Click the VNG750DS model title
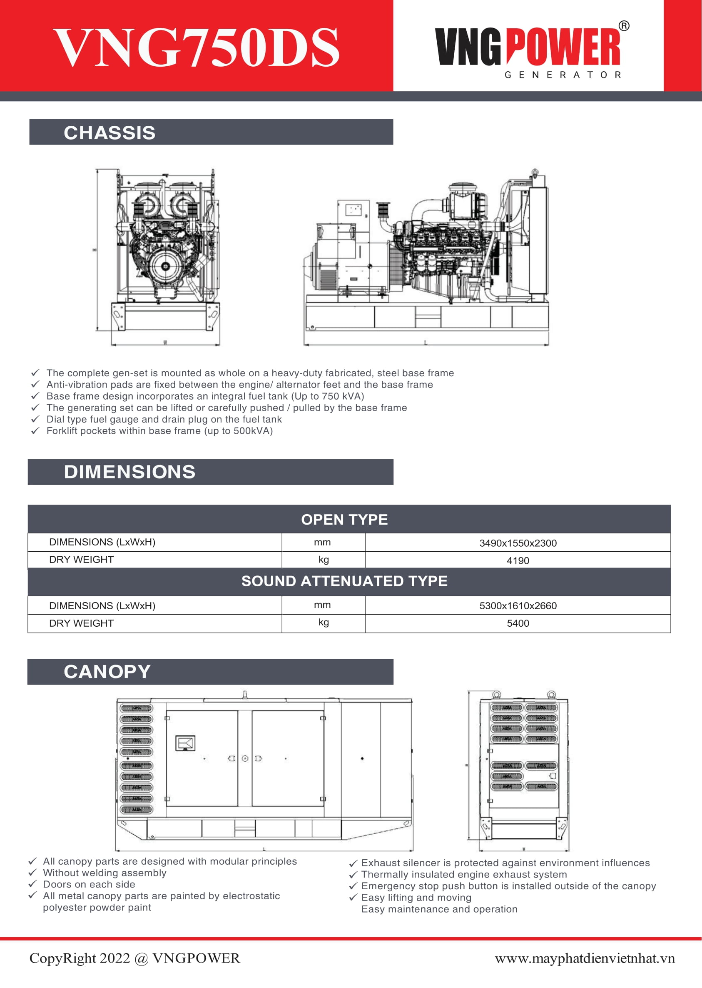197,47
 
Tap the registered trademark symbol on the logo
624,26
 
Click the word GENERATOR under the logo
563,75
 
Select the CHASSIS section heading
110,133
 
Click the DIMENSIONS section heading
129,472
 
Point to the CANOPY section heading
107,671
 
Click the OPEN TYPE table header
344,519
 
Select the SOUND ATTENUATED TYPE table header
344,581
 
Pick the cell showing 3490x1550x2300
518,543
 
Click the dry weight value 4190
518,560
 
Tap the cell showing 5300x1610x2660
518,605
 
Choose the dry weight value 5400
518,623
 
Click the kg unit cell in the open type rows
324,560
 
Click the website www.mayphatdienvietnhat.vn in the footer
585,958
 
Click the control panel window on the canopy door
185,743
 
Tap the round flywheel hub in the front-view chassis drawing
165,265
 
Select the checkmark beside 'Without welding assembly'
32,873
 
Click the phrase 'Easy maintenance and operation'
439,909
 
